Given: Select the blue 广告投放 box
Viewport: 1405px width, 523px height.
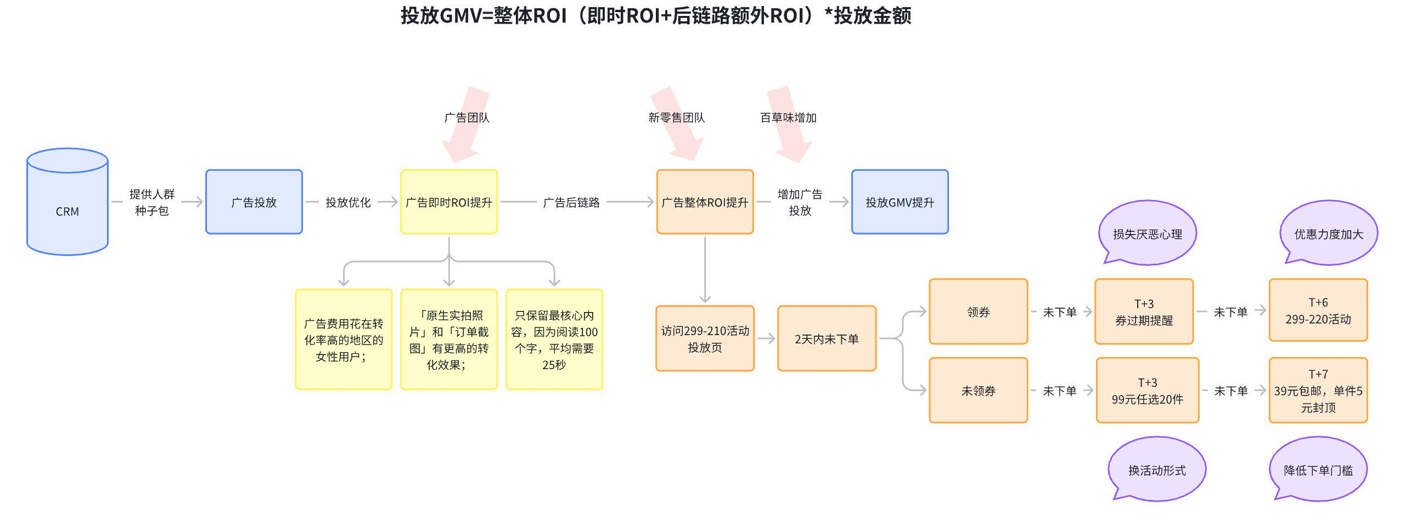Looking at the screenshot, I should pos(254,202).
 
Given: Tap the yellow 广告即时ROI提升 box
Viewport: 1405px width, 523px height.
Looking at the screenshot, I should pos(448,202).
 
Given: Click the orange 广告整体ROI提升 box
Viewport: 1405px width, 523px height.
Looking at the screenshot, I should pos(705,202).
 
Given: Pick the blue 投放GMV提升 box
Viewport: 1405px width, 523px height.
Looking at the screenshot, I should pos(900,202).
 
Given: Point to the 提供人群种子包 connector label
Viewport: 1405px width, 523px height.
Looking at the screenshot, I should pos(151,202).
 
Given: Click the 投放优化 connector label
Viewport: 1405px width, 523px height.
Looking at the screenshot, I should pos(348,202).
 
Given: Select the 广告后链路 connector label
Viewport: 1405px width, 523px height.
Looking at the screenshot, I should pos(571,202).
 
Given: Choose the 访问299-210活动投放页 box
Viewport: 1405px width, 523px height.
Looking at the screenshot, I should pos(705,338).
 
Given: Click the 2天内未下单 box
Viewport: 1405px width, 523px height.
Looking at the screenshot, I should pos(827,338).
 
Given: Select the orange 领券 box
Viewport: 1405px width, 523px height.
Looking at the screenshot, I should pos(978,311).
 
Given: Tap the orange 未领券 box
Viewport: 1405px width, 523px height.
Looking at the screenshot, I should pos(978,391).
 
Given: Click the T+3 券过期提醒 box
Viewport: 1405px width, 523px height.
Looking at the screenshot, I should pos(1144,311).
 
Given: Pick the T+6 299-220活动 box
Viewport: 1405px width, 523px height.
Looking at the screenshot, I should pos(1318,310).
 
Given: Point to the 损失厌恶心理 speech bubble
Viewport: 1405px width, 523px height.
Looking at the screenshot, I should pos(1147,233).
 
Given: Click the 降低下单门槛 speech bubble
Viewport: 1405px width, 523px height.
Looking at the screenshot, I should pos(1318,469).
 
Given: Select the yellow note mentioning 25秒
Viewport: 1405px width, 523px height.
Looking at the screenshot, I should pos(554,340).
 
